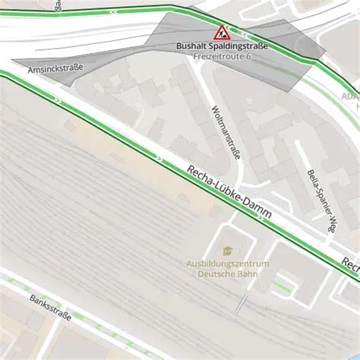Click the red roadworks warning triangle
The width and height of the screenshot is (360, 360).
(222, 32)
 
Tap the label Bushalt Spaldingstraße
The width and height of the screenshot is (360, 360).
(222, 46)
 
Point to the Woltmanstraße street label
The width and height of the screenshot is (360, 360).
(226, 132)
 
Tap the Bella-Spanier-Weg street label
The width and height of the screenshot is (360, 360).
(321, 200)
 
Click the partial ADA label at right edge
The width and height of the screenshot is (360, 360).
(352, 97)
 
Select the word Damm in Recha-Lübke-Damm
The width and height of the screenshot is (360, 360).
(257, 209)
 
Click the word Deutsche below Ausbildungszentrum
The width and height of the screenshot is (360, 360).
(214, 274)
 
